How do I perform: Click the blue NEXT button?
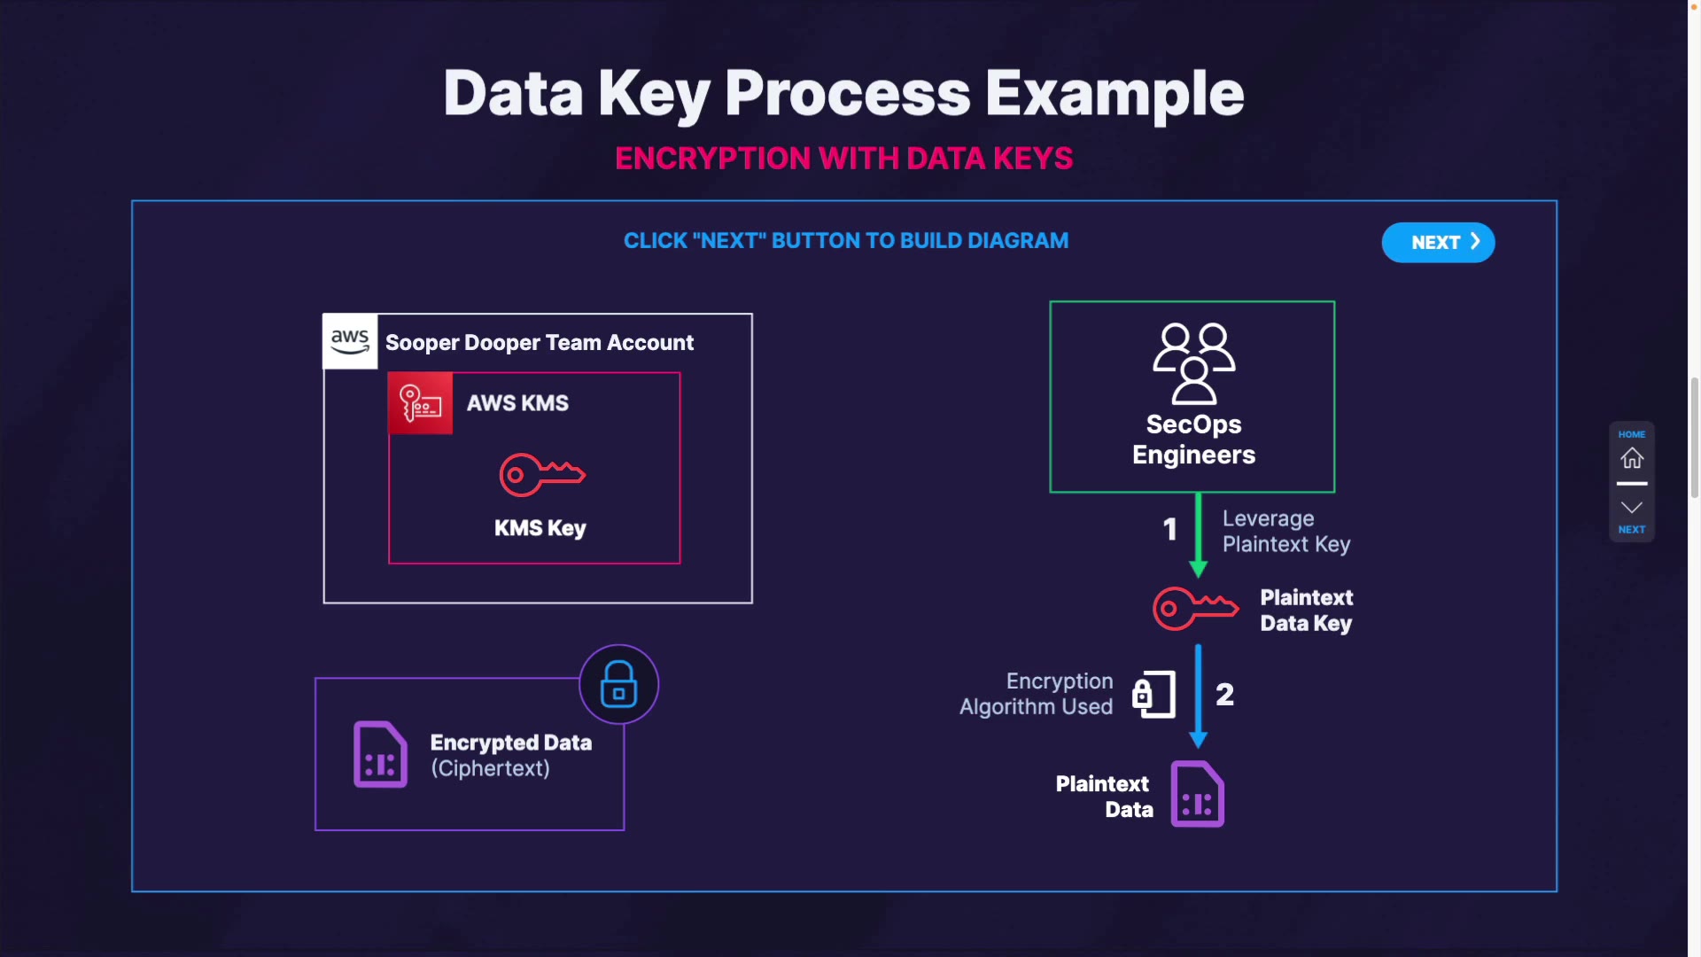pyautogui.click(x=1438, y=243)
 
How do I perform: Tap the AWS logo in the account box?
pyautogui.click(x=350, y=341)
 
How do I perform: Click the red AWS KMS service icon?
pyautogui.click(x=421, y=404)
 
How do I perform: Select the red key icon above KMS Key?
pyautogui.click(x=541, y=475)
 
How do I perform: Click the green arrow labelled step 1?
pyautogui.click(x=1199, y=534)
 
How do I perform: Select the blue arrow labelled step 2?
pyautogui.click(x=1199, y=696)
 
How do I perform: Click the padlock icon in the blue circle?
pyautogui.click(x=619, y=684)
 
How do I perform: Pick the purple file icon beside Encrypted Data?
pyautogui.click(x=380, y=754)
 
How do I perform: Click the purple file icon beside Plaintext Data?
pyautogui.click(x=1198, y=794)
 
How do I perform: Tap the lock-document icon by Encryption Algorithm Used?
pyautogui.click(x=1153, y=695)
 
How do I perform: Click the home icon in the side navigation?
pyautogui.click(x=1632, y=458)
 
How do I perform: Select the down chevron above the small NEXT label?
pyautogui.click(x=1632, y=508)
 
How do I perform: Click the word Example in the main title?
pyautogui.click(x=1115, y=93)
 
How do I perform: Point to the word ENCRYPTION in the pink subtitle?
pyautogui.click(x=713, y=159)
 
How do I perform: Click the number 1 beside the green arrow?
pyautogui.click(x=1170, y=530)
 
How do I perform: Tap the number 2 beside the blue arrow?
pyautogui.click(x=1225, y=695)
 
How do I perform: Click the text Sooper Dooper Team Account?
pyautogui.click(x=540, y=343)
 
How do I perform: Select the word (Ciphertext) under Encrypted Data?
pyautogui.click(x=490, y=768)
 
